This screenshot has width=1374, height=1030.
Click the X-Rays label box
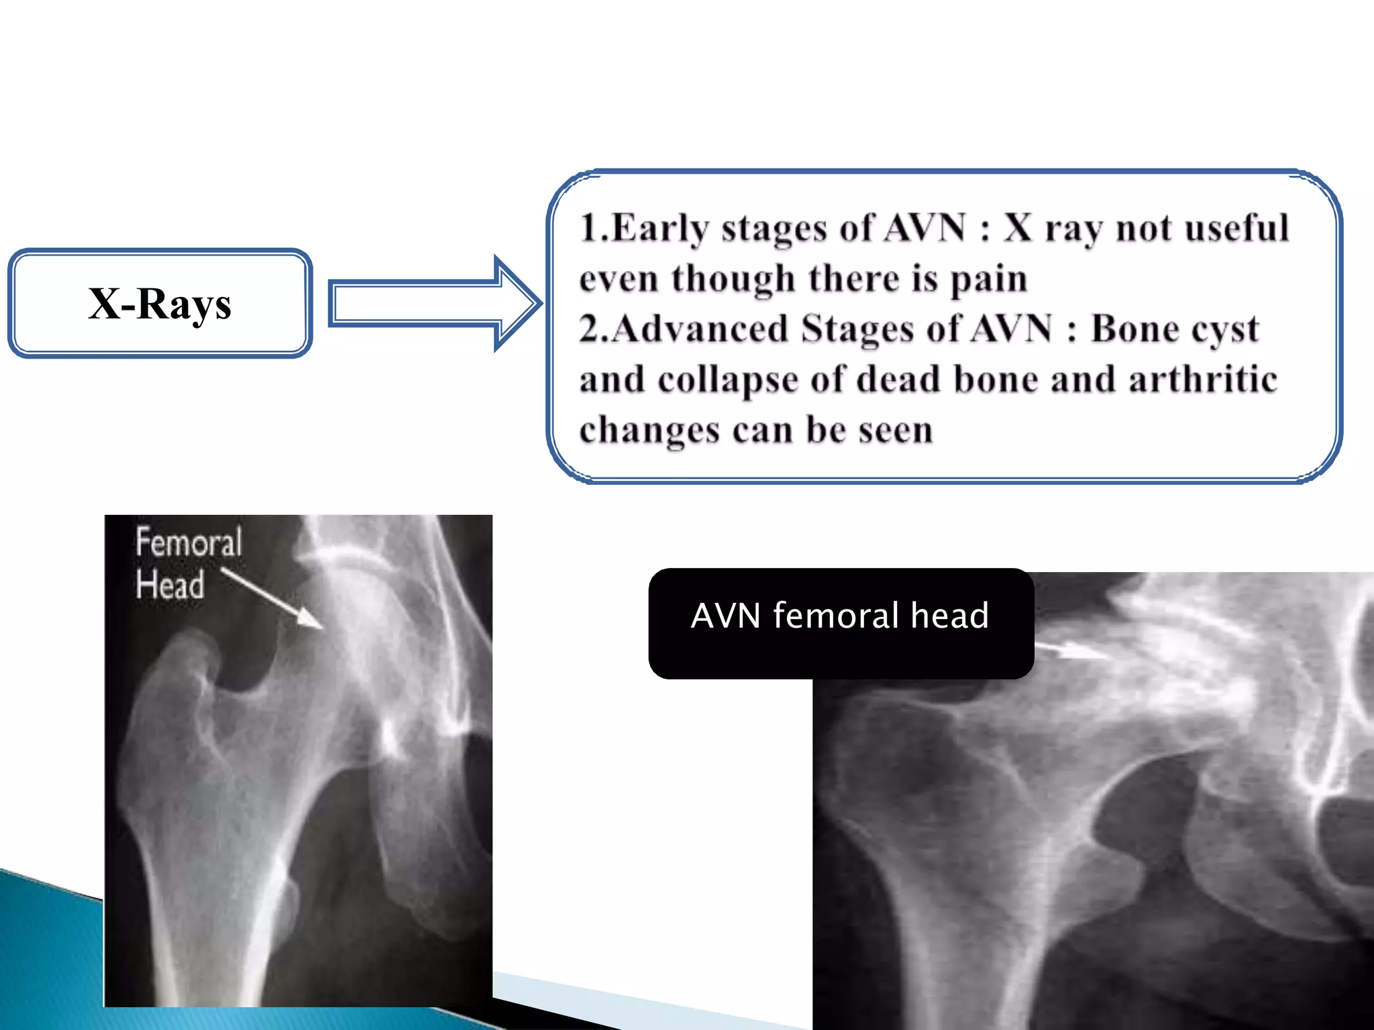(x=160, y=303)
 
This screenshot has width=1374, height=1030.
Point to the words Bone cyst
(x=1174, y=329)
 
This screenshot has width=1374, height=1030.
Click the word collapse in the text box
(x=728, y=380)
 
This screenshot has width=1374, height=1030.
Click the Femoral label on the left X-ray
(x=189, y=542)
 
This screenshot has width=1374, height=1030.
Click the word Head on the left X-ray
(x=170, y=584)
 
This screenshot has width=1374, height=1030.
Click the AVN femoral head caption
(x=840, y=616)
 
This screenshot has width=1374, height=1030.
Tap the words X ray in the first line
(x=1053, y=228)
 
